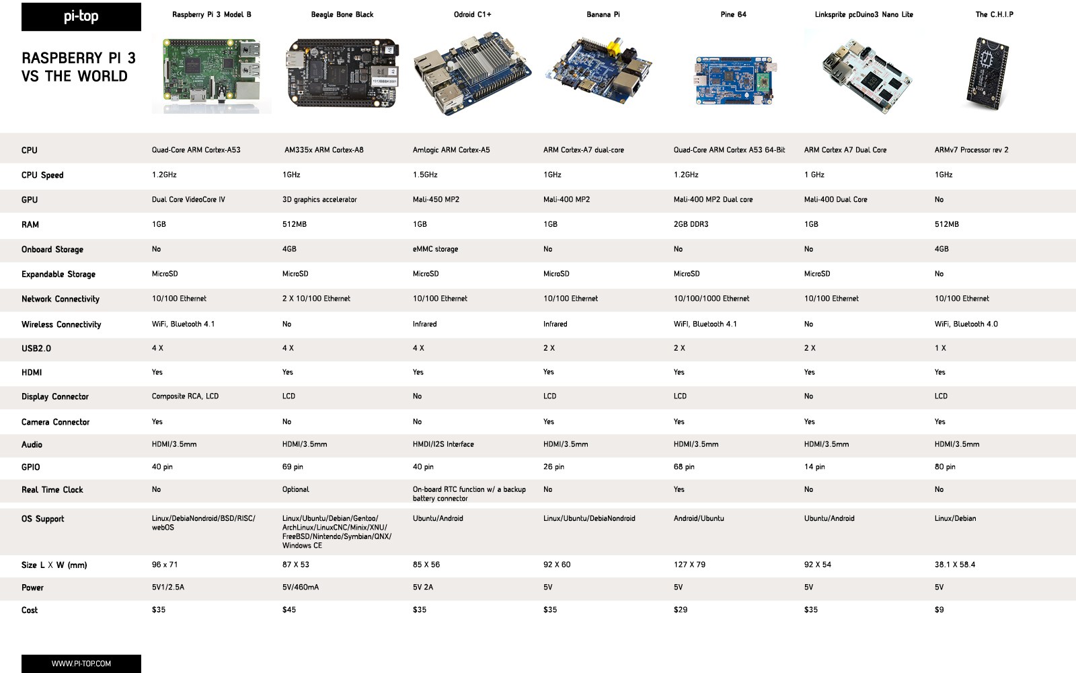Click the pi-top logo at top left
coord(81,17)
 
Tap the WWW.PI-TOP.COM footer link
coord(81,664)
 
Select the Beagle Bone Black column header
coord(342,14)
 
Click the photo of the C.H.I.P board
coord(988,73)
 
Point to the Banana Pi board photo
coord(599,71)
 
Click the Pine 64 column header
coord(734,14)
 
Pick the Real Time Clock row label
coord(52,490)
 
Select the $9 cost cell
coord(939,610)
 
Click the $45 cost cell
coord(289,610)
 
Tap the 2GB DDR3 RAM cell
coord(691,224)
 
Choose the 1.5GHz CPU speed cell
coord(425,174)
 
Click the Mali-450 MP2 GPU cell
coord(436,199)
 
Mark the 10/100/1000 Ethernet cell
coord(712,299)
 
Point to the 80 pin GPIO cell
coord(945,467)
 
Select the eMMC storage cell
coord(435,249)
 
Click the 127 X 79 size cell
coord(689,565)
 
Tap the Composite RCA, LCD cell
coord(185,396)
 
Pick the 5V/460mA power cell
coord(300,587)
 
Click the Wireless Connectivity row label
coord(61,324)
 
